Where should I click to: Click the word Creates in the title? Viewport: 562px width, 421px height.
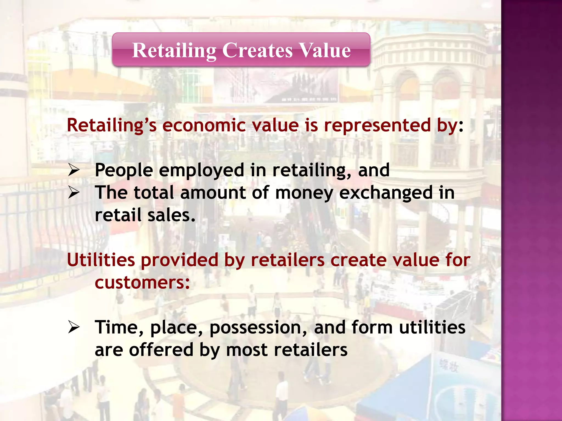[257, 50]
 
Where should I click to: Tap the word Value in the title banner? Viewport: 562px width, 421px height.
[325, 50]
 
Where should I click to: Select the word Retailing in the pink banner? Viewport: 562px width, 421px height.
[174, 51]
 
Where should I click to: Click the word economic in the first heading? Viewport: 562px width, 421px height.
[204, 126]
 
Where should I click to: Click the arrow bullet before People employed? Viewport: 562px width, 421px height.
[74, 170]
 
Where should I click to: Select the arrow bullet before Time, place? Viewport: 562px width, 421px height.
[74, 327]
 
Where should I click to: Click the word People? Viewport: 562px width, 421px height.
[124, 171]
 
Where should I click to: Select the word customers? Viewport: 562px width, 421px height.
[142, 283]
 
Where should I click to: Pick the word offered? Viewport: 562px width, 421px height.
[161, 350]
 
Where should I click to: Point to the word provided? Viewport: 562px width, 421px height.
[179, 260]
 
